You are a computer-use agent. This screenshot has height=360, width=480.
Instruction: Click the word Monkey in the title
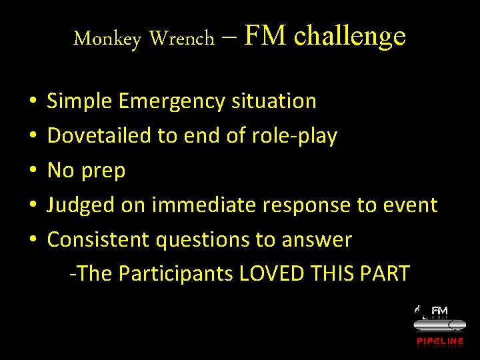[x=107, y=39]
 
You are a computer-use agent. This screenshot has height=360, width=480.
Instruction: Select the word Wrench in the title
[x=182, y=39]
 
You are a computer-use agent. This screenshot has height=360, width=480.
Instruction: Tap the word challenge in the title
[x=349, y=35]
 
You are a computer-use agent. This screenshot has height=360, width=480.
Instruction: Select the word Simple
[x=80, y=101]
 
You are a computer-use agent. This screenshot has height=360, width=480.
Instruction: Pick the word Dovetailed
[x=99, y=136]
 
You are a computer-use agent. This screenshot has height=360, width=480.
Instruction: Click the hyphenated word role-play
[x=295, y=136]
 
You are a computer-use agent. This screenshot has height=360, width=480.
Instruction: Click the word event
[x=410, y=205]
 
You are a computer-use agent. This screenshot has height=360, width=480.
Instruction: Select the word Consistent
[x=99, y=240]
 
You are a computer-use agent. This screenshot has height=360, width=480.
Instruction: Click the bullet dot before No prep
[x=33, y=171]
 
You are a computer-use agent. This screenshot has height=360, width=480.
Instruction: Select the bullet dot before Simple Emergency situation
[x=33, y=101]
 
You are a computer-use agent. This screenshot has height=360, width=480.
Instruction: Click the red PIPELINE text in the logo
[x=440, y=341]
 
